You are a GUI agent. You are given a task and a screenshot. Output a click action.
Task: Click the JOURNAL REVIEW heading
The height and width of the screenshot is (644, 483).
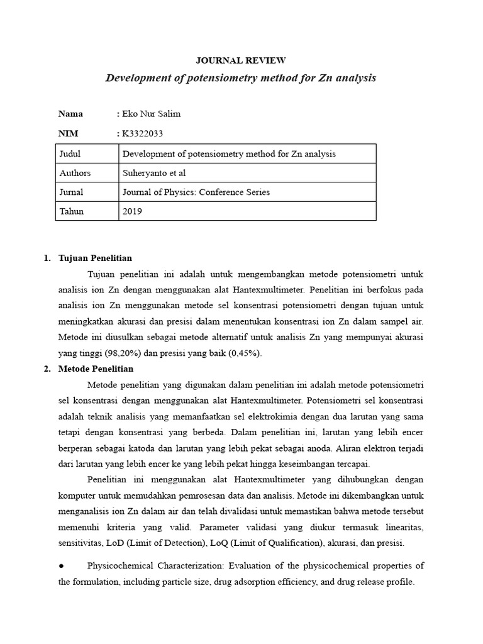[241, 60]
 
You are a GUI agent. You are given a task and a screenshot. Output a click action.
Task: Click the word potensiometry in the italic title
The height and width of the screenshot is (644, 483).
[211, 78]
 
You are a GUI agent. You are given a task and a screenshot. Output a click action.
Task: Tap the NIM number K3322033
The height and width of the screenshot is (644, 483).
[144, 133]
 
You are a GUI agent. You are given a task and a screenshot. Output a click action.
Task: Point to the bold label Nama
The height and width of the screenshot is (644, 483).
[70, 114]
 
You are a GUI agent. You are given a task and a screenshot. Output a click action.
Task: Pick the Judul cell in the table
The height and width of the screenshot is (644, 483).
[70, 153]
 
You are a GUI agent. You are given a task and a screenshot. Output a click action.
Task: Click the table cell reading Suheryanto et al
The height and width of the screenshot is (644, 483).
[154, 173]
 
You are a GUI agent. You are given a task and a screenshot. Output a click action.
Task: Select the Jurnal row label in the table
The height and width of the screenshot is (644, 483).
[71, 192]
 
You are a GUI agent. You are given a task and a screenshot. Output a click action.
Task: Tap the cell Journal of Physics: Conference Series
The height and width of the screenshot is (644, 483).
[196, 192]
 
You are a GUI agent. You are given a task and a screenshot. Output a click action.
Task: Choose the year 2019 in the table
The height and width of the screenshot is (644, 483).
[132, 211]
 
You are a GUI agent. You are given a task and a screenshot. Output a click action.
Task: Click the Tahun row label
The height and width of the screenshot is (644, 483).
[71, 211]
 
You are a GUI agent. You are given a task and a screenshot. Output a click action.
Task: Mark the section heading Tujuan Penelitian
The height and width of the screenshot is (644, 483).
[95, 258]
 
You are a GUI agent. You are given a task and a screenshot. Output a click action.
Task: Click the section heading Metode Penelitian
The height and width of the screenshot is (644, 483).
[96, 369]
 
